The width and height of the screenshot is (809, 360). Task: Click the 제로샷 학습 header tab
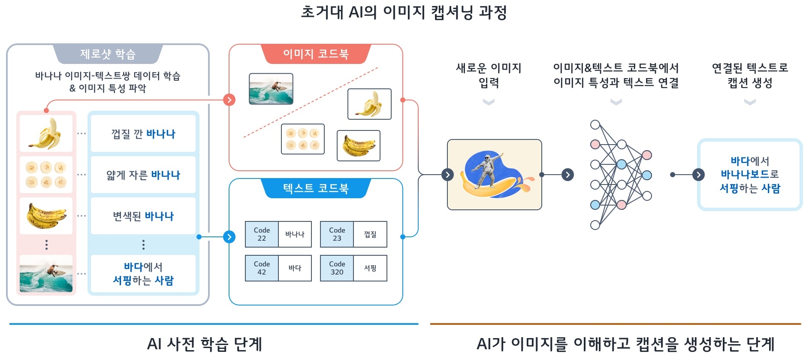coord(108,54)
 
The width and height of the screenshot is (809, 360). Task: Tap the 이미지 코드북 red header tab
coord(316,54)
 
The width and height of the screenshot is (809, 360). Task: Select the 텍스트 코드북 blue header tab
coord(316,188)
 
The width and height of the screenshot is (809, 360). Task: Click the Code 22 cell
coord(262,234)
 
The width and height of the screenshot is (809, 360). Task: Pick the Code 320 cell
coord(337,268)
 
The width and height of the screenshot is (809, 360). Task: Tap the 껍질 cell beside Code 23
coord(370,234)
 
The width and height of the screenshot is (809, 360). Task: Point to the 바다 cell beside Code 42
coord(295,268)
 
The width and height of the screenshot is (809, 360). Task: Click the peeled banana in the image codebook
coord(369,104)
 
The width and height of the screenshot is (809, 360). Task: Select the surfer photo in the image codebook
coord(271,89)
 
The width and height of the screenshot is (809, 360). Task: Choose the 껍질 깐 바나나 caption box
coord(143,134)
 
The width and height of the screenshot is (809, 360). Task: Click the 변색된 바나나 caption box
coord(143,216)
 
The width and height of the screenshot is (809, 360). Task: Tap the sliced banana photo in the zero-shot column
coord(46,175)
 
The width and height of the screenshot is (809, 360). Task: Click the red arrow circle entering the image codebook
coord(229,100)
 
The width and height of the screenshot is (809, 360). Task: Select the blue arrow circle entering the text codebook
coord(229,237)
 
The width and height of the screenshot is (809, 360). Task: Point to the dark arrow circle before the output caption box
coord(698,175)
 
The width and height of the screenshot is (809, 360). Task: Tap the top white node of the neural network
coord(595,125)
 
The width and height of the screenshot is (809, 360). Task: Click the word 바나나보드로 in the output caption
coord(749,175)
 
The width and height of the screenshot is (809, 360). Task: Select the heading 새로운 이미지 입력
coord(489,75)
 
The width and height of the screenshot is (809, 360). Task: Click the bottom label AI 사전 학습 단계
coord(204,344)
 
